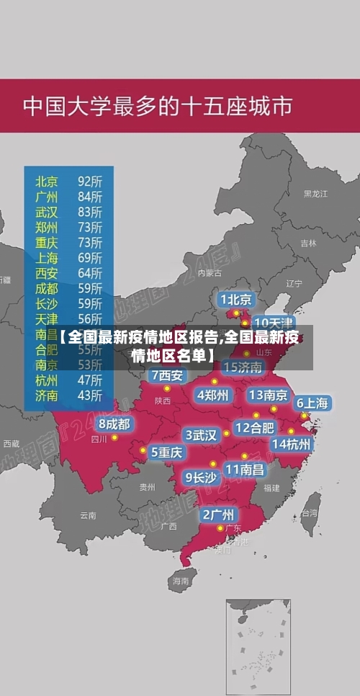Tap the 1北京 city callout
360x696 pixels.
236,299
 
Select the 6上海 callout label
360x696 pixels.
312,403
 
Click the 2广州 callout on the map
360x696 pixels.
218,514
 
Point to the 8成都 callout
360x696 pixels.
114,424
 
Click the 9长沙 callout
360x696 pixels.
201,477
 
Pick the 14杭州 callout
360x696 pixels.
292,444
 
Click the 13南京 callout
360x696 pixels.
268,395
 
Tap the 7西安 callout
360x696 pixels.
167,375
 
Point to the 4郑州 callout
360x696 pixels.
212,395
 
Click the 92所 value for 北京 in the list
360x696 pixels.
90,180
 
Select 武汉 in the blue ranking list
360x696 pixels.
47,212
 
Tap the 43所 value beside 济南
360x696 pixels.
90,395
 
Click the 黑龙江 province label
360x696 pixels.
315,194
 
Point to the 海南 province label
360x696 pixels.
180,580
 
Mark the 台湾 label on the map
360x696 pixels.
309,514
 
